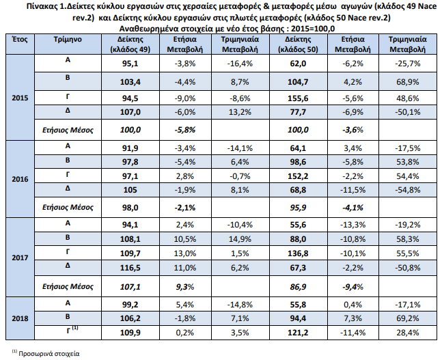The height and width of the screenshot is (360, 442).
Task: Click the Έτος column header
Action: [20, 39]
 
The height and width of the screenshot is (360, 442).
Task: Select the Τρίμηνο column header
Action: [68, 40]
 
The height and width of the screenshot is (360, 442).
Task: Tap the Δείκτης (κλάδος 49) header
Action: [130, 44]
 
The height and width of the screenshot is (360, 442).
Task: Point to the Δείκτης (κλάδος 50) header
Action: [298, 44]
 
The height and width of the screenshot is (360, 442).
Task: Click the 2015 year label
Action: [20, 98]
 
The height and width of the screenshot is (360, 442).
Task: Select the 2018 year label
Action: [20, 318]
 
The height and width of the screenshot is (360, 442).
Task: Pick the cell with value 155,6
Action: [298, 98]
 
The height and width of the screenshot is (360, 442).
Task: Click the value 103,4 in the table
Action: [130, 82]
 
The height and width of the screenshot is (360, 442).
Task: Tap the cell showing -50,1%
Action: [408, 112]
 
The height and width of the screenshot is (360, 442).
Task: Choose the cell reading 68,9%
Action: [408, 82]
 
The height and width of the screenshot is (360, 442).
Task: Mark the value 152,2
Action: [298, 176]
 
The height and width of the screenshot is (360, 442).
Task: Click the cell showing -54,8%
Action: [408, 190]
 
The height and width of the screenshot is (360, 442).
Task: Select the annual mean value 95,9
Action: [298, 208]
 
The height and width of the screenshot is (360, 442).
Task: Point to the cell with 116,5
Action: [130, 268]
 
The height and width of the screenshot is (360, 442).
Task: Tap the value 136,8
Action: [298, 253]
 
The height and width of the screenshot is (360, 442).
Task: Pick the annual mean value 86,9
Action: [298, 287]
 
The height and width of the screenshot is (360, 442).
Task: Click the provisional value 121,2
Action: [298, 333]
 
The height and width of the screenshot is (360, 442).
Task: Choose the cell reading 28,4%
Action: [408, 333]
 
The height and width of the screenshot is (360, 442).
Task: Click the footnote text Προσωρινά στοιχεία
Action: [49, 354]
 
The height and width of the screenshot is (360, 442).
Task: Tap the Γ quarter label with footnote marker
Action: [72, 330]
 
